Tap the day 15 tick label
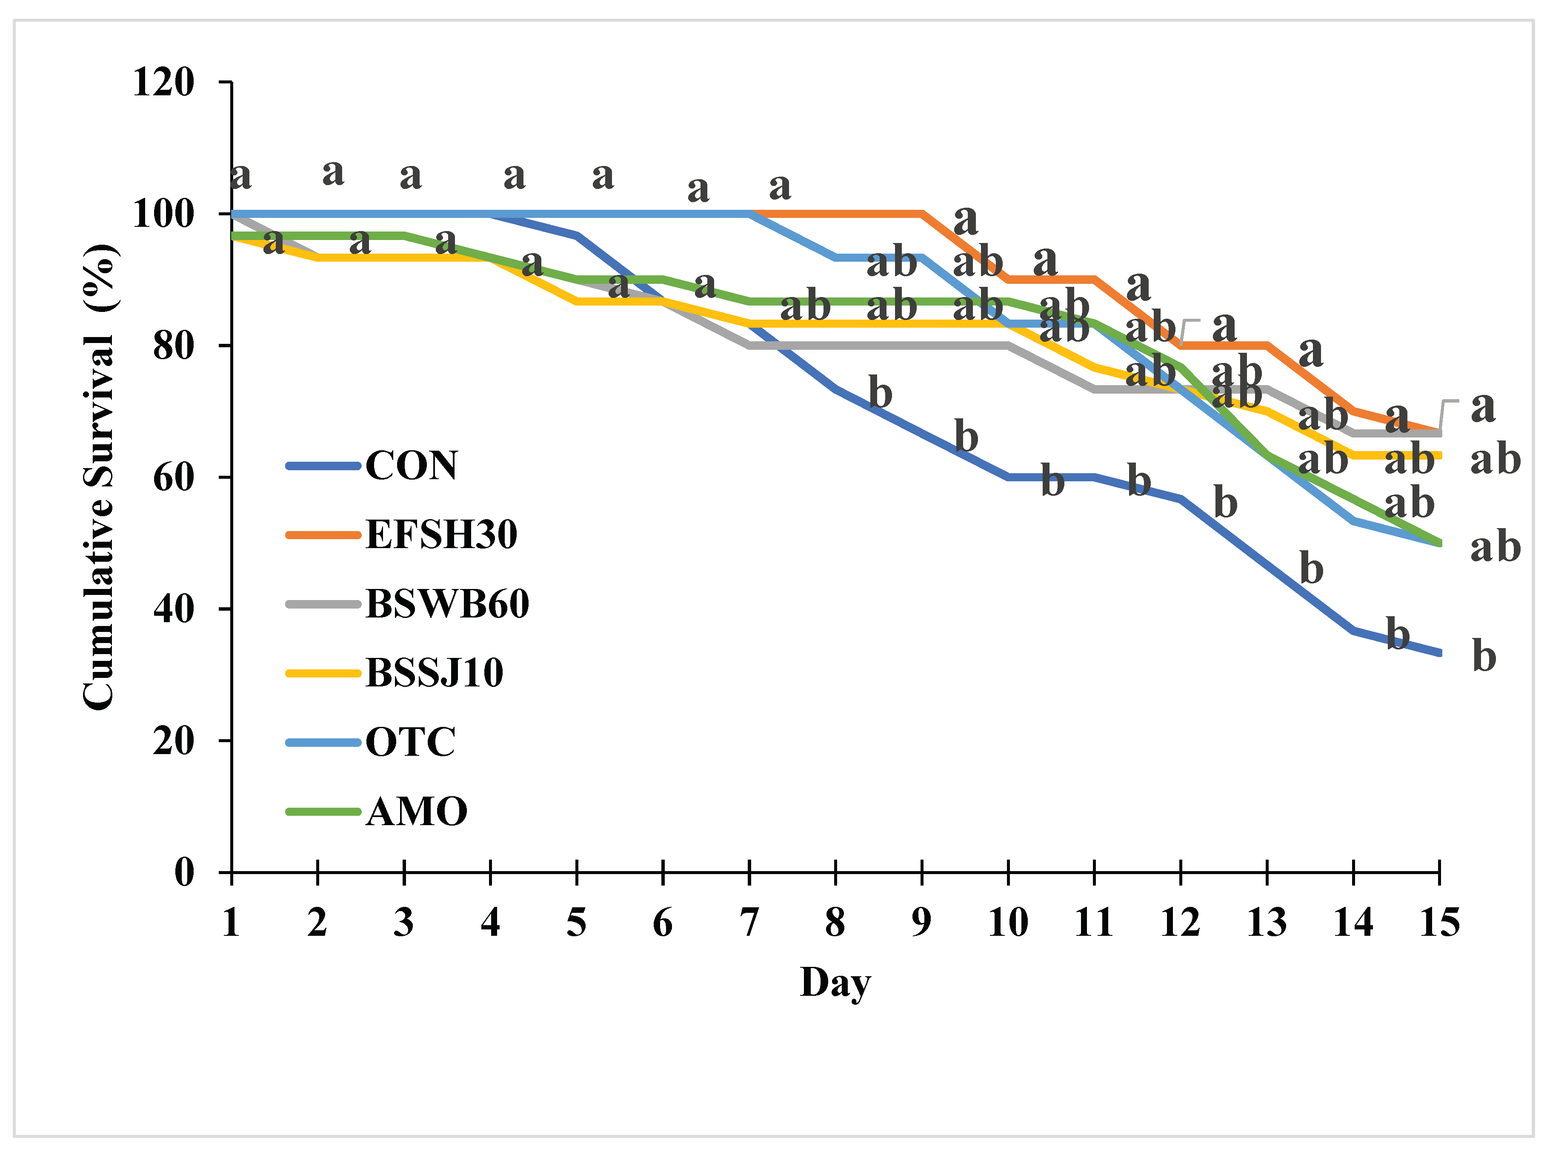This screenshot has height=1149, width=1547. [x=1439, y=923]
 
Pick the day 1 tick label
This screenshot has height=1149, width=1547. [x=232, y=923]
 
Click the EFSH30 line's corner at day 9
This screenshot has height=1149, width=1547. [x=922, y=214]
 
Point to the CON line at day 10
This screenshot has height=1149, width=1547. [x=1008, y=477]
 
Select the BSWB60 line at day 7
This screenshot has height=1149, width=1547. [x=749, y=346]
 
